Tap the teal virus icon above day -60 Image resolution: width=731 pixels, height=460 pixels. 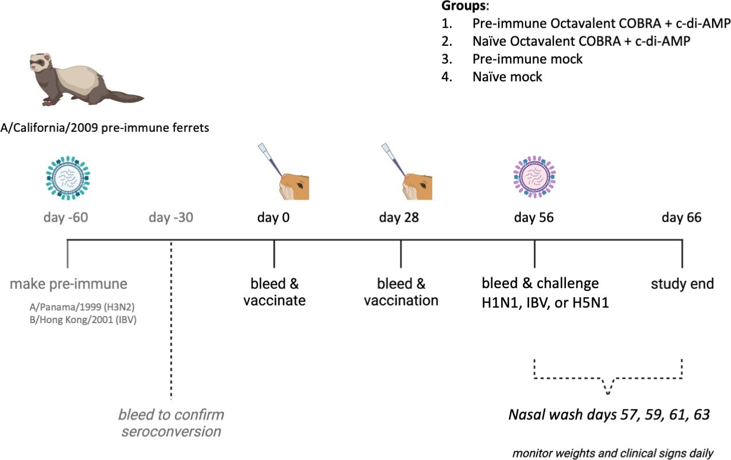pyautogui.click(x=68, y=177)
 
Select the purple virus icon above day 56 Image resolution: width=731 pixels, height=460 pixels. pyautogui.click(x=534, y=177)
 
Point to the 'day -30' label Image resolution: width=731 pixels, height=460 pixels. pyautogui.click(x=171, y=218)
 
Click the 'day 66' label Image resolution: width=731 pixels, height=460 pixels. pyautogui.click(x=681, y=218)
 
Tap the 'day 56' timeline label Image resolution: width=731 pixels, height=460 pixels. pyautogui.click(x=534, y=218)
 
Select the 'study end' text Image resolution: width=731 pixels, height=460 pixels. pyautogui.click(x=682, y=284)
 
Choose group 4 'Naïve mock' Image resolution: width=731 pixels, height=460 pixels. pyautogui.click(x=507, y=77)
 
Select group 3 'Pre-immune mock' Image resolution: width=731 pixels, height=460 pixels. pyautogui.click(x=527, y=59)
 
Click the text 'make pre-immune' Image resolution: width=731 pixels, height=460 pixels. pyautogui.click(x=69, y=284)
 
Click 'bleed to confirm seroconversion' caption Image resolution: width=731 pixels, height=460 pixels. pyautogui.click(x=171, y=422)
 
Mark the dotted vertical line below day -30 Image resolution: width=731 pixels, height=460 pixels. pyautogui.click(x=171, y=321)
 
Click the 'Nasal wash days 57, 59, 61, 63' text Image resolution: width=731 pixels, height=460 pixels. pyautogui.click(x=609, y=414)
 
